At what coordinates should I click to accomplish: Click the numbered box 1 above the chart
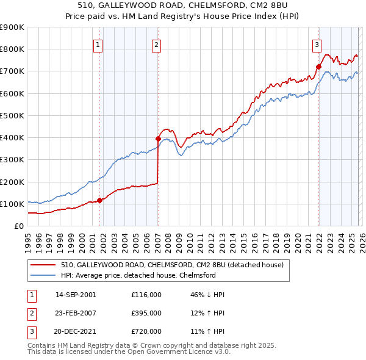click(98, 44)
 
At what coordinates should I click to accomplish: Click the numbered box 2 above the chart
click(157, 44)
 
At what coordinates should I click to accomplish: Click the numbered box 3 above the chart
click(317, 44)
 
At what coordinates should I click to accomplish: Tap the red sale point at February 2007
click(158, 139)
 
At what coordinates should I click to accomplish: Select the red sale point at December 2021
click(318, 67)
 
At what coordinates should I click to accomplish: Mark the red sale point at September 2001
click(100, 200)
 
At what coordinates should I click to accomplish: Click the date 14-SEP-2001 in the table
click(76, 295)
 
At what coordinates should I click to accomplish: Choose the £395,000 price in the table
click(146, 313)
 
